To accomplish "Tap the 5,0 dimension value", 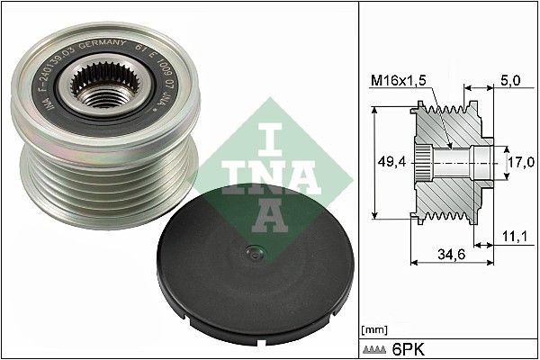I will [x=509, y=81].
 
